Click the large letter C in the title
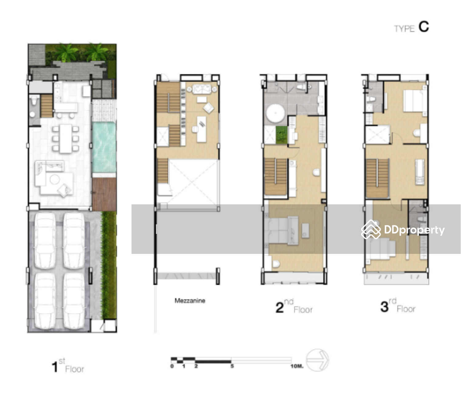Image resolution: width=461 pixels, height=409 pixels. click(424, 27)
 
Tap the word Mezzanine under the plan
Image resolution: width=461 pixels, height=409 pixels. click(190, 301)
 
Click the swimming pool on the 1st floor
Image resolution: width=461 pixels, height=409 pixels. click(104, 147)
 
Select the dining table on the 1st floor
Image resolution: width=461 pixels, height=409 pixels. click(65, 139)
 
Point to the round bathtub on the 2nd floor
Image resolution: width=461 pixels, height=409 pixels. click(275, 113)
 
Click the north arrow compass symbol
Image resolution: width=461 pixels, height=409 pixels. click(317, 360)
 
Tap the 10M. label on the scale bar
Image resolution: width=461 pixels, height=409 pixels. click(297, 366)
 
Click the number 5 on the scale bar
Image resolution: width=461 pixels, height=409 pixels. click(232, 366)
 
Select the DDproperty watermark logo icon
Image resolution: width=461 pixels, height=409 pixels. click(371, 229)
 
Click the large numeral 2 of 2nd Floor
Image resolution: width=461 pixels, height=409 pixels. click(280, 307)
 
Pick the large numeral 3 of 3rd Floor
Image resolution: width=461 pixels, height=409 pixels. click(384, 307)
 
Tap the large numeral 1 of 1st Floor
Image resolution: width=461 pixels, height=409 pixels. click(55, 367)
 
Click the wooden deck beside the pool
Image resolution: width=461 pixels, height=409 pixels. click(104, 194)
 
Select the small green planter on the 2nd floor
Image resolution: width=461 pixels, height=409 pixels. click(281, 135)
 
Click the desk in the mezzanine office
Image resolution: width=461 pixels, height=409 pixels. click(201, 129)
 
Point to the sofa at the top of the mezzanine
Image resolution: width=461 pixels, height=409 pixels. click(202, 89)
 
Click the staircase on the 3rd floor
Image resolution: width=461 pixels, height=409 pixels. click(377, 178)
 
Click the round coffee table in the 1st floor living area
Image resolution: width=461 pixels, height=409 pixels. click(55, 179)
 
